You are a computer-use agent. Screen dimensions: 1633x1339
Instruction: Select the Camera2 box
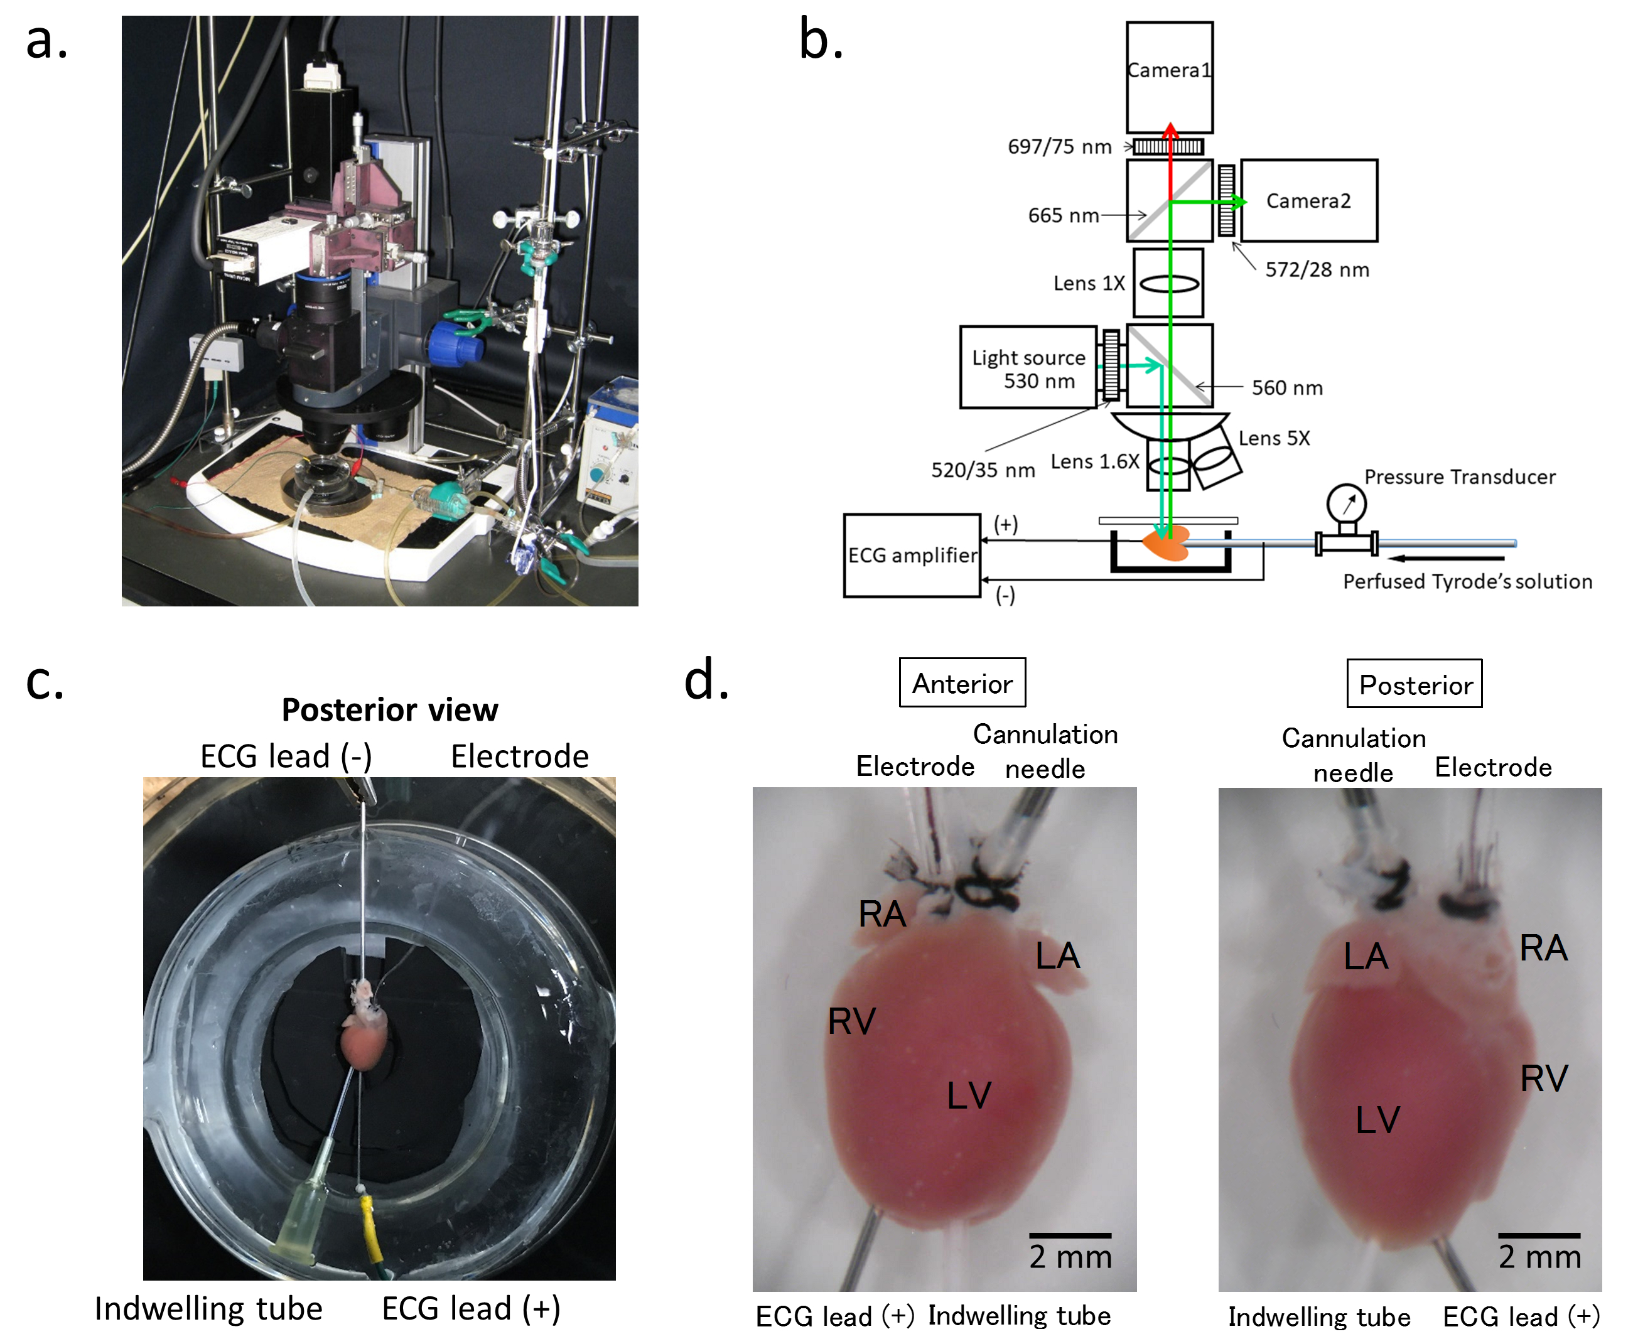pyautogui.click(x=1308, y=200)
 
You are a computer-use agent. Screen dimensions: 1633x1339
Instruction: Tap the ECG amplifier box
pyautogui.click(x=912, y=556)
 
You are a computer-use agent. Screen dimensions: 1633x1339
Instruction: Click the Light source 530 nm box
pyautogui.click(x=1028, y=368)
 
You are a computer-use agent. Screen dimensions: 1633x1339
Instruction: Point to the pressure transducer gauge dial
pyautogui.click(x=1346, y=503)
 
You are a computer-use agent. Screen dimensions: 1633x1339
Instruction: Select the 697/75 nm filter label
pyautogui.click(x=1059, y=146)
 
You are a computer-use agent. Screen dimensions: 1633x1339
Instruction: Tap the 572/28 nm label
pyautogui.click(x=1317, y=269)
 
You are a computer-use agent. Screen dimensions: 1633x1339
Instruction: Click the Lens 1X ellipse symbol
pyautogui.click(x=1170, y=284)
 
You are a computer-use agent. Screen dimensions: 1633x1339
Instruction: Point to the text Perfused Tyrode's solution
pyautogui.click(x=1467, y=581)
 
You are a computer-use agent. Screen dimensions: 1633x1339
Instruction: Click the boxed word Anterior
pyautogui.click(x=962, y=684)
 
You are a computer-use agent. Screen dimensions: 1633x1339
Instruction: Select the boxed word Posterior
pyautogui.click(x=1415, y=685)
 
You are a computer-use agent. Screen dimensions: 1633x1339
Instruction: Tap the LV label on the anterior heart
pyautogui.click(x=968, y=1095)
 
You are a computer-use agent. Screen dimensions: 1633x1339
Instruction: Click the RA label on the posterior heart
pyautogui.click(x=1543, y=947)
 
